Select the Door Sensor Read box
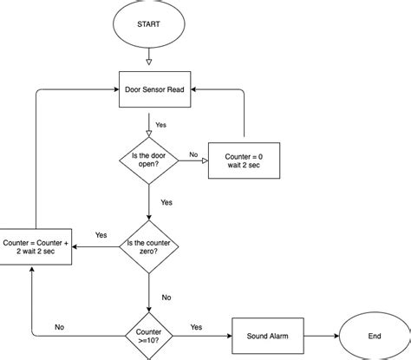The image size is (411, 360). (x=149, y=88)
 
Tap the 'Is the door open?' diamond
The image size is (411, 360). (x=149, y=159)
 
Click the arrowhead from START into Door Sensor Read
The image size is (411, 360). (x=149, y=62)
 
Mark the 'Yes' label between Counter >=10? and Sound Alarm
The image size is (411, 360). (x=196, y=327)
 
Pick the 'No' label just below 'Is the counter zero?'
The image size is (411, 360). (x=166, y=297)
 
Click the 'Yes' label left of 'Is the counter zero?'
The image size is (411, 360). (x=101, y=235)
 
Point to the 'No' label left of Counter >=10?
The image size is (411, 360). (x=60, y=327)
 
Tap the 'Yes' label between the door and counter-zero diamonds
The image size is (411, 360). (x=166, y=202)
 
